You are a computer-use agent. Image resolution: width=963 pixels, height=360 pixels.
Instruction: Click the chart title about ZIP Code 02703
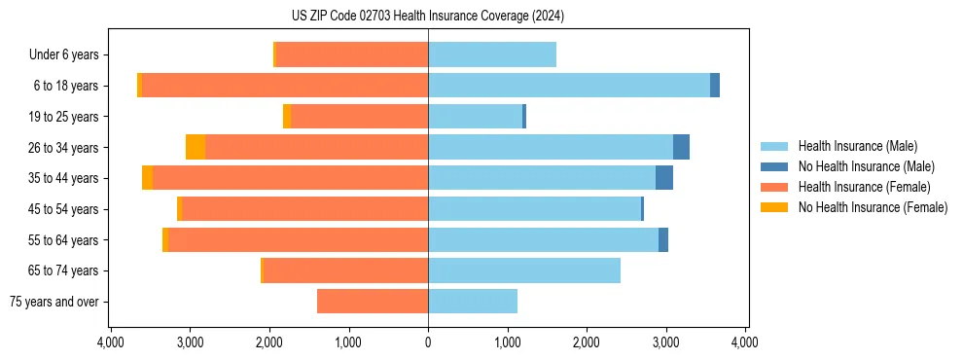pyautogui.click(x=427, y=16)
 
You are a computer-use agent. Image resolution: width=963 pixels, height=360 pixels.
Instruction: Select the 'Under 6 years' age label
pyautogui.click(x=63, y=55)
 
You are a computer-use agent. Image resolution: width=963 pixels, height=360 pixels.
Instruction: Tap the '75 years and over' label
pyautogui.click(x=53, y=302)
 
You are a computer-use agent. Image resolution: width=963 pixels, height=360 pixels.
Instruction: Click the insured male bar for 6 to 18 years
pyautogui.click(x=569, y=86)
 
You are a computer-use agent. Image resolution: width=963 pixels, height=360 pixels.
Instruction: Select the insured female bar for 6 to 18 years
pyautogui.click(x=285, y=86)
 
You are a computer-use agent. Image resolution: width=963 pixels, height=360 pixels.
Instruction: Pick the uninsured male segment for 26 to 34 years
pyautogui.click(x=681, y=147)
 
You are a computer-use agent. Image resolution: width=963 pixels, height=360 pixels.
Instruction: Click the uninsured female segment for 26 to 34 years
pyautogui.click(x=196, y=147)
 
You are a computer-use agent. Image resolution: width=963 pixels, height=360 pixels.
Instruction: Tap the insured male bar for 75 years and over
pyautogui.click(x=473, y=302)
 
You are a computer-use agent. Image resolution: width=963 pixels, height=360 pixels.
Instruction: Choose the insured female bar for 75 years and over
pyautogui.click(x=373, y=302)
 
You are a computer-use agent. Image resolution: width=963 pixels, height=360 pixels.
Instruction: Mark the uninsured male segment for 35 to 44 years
pyautogui.click(x=664, y=178)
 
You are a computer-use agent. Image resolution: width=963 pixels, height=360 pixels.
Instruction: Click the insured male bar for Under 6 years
pyautogui.click(x=492, y=54)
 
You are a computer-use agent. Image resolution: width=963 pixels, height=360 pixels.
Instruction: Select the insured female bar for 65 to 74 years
pyautogui.click(x=345, y=270)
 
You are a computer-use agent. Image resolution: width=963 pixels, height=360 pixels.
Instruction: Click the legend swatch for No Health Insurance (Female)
pyautogui.click(x=774, y=207)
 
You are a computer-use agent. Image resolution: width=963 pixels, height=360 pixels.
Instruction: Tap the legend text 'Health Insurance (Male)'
pyautogui.click(x=857, y=146)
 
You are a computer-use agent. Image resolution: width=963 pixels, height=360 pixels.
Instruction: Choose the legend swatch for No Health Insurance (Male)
pyautogui.click(x=774, y=166)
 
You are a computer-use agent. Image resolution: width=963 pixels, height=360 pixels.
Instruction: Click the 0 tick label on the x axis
pyautogui.click(x=428, y=342)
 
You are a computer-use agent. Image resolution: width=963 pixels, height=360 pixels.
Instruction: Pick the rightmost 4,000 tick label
pyautogui.click(x=745, y=342)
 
